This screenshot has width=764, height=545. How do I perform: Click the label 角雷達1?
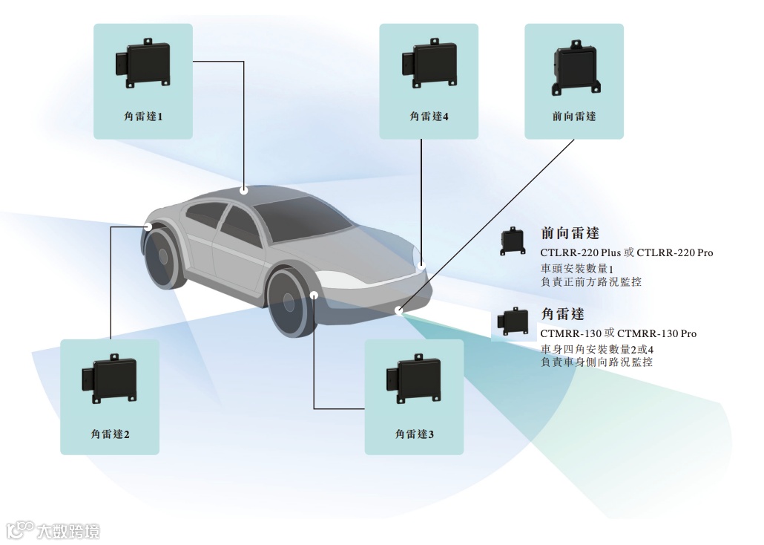[x=142, y=117]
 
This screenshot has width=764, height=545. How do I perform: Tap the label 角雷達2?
[x=110, y=434]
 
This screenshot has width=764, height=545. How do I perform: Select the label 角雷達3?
[x=414, y=434]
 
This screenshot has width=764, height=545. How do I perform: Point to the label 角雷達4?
[x=429, y=117]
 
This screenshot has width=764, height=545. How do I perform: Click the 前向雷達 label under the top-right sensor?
[x=574, y=117]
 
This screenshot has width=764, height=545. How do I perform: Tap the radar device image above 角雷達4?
[x=429, y=65]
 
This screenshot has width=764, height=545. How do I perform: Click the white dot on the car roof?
[x=244, y=190]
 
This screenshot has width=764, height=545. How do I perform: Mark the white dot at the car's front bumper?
[x=399, y=310]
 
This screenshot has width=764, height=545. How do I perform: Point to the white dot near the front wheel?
[x=315, y=296]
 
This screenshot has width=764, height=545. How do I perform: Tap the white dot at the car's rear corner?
[x=148, y=226]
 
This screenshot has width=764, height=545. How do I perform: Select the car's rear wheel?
[x=162, y=255]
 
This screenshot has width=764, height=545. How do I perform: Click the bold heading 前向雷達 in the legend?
[x=570, y=233]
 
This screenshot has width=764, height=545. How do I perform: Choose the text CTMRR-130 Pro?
[x=656, y=333]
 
